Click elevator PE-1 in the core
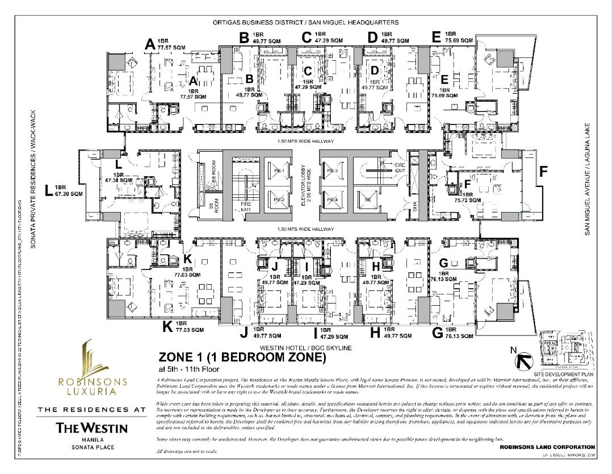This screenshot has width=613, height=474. click(278, 171)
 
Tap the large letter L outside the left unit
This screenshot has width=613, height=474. click(48, 190)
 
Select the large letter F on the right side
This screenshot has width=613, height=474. click(543, 171)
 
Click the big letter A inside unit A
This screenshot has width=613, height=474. click(193, 82)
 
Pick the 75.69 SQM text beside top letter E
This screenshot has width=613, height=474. click(459, 40)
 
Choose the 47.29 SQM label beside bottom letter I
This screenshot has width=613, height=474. click(333, 336)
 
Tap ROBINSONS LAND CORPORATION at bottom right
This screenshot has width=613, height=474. click(547, 448)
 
